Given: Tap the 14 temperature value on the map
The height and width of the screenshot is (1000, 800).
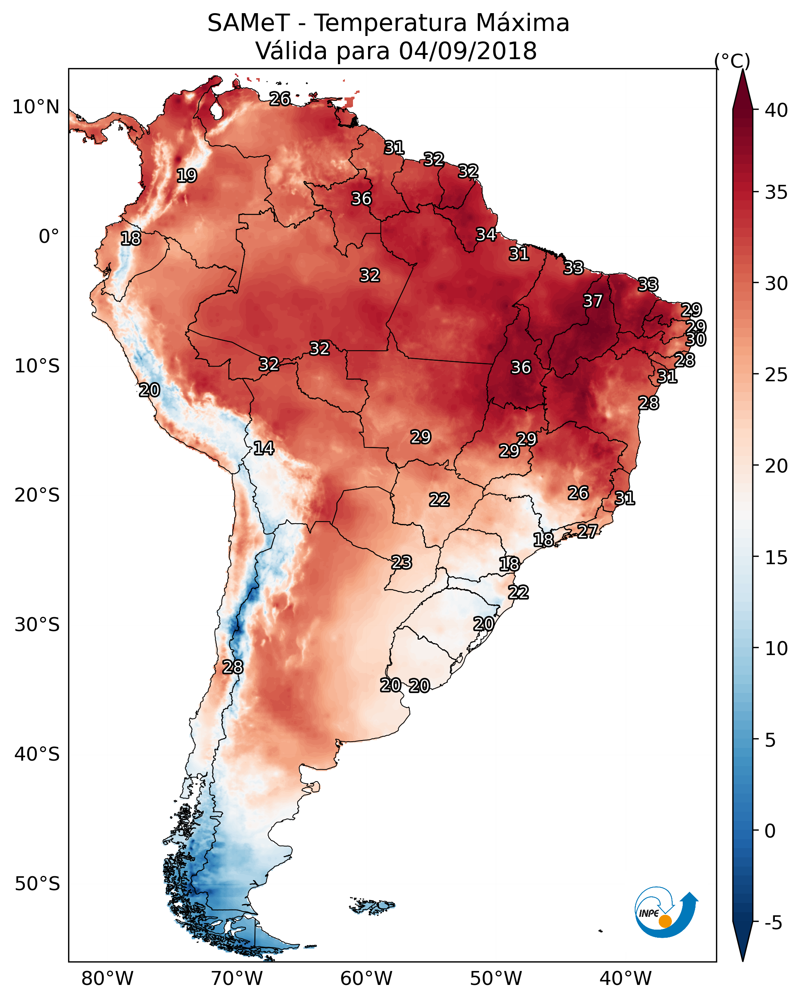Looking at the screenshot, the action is click(264, 448).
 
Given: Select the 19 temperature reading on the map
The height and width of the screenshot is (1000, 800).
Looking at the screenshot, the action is click(187, 176).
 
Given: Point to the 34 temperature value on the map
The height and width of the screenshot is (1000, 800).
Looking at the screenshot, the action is click(486, 235).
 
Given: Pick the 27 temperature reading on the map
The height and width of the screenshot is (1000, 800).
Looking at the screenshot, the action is click(588, 531).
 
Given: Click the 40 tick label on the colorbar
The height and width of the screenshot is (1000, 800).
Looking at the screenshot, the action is click(776, 110).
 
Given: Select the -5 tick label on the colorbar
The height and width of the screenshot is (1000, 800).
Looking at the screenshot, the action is click(774, 923).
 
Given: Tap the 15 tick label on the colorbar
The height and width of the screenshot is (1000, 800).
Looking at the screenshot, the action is click(776, 558).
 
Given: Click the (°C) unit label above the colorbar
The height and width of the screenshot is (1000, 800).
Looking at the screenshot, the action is click(732, 60).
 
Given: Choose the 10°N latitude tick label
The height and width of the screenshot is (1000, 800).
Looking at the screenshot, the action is click(36, 107).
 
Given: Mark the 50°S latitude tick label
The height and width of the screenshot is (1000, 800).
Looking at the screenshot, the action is click(37, 884).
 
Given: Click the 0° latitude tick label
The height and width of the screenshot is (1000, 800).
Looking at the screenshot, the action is click(49, 237).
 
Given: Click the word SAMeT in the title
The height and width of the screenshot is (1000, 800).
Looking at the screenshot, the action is click(249, 23).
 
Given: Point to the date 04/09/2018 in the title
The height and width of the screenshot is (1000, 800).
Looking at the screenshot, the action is click(468, 51).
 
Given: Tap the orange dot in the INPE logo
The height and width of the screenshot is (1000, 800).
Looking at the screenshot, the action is click(665, 921).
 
